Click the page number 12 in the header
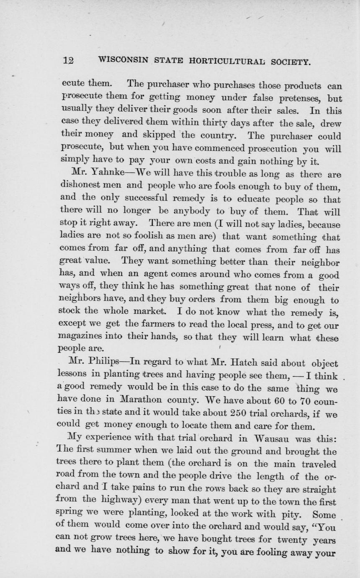click(68, 60)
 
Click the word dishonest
click(80, 186)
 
